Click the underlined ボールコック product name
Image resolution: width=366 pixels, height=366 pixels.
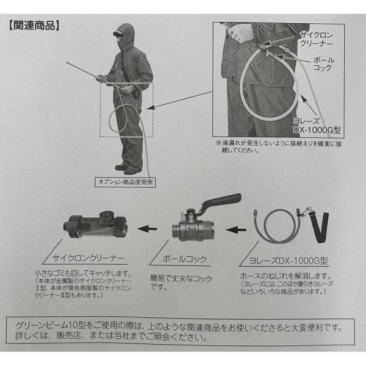[x=185, y=259]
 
